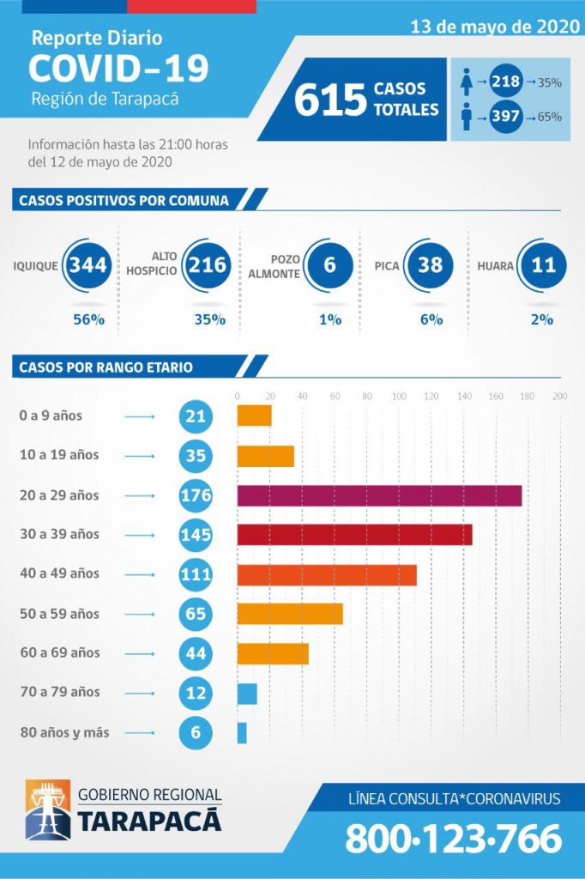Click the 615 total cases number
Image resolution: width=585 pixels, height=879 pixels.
(x=330, y=100)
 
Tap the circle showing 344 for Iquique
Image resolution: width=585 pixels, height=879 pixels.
(x=88, y=265)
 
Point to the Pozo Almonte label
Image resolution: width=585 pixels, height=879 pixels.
(x=273, y=266)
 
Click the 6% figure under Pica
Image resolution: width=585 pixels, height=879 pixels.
(x=431, y=319)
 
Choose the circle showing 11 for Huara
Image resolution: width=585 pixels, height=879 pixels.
(x=544, y=265)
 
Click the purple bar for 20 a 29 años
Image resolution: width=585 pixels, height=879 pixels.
(x=379, y=495)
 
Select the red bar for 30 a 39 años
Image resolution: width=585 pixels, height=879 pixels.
(x=354, y=535)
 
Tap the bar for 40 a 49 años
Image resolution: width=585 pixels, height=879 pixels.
(x=327, y=574)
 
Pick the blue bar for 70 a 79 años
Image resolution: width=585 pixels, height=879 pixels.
(x=247, y=694)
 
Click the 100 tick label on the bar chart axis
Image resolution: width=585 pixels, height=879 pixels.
(x=399, y=397)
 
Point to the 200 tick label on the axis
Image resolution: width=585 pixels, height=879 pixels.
(x=560, y=397)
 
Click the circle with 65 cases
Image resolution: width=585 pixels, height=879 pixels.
(x=196, y=615)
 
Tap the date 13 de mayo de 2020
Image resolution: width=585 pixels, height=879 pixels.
(x=495, y=27)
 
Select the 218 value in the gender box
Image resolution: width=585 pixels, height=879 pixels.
(x=505, y=82)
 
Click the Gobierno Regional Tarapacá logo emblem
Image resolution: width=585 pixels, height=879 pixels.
(x=47, y=809)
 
